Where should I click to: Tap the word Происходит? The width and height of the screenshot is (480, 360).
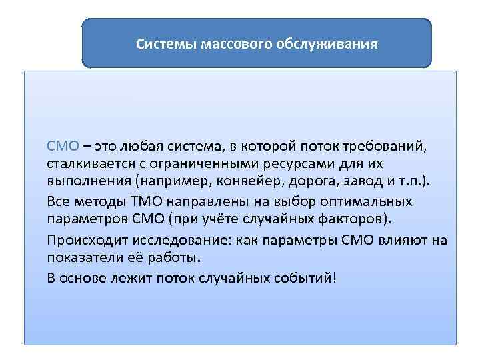(83, 239)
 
